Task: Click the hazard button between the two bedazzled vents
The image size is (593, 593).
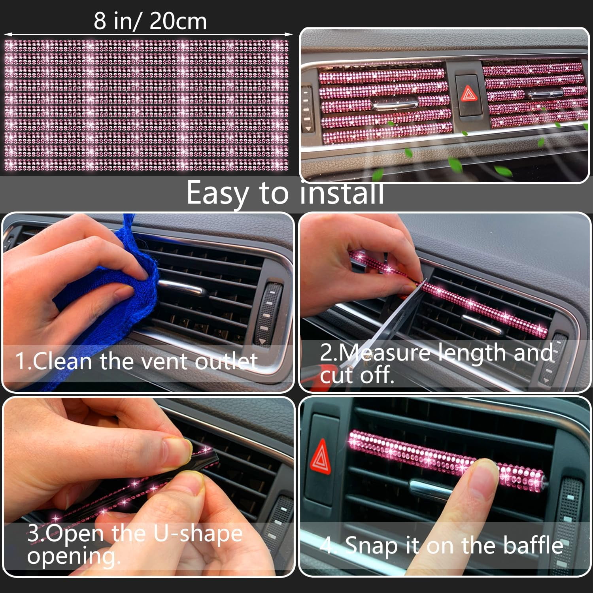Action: coord(468,95)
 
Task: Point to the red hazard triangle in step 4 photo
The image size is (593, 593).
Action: coord(321,459)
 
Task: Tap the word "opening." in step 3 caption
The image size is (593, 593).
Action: coord(74,556)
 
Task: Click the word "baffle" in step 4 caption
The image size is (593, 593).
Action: coord(533,545)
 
